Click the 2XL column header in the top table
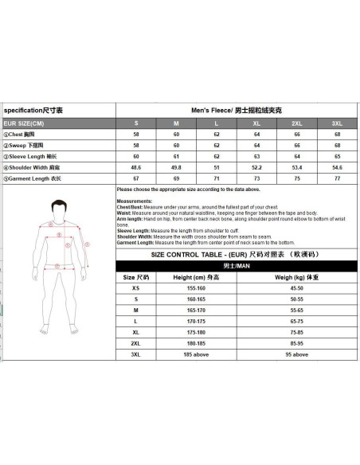(297, 123)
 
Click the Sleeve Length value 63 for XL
(256, 157)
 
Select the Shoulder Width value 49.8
(176, 168)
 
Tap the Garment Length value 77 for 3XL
(337, 179)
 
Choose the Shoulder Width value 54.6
(337, 168)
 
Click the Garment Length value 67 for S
(136, 179)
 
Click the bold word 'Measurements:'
(133, 201)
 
